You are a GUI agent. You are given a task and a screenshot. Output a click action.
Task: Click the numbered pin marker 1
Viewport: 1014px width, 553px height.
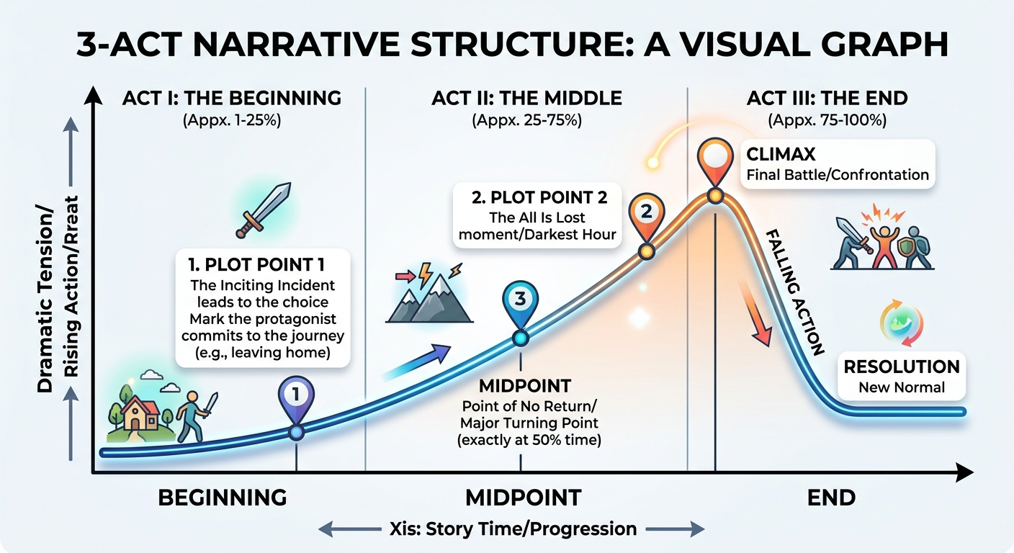pyautogui.click(x=296, y=394)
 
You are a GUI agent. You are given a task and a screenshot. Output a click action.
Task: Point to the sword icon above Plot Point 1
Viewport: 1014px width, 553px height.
pyautogui.click(x=263, y=210)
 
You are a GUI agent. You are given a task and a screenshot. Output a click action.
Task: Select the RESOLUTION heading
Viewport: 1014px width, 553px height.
pyautogui.click(x=901, y=367)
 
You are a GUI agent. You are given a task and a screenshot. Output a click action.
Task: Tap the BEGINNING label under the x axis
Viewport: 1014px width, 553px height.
pyautogui.click(x=222, y=498)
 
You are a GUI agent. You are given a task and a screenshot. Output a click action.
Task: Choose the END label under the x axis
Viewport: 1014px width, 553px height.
pyautogui.click(x=831, y=498)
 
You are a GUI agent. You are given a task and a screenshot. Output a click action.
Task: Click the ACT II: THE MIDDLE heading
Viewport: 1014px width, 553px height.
pyautogui.click(x=526, y=98)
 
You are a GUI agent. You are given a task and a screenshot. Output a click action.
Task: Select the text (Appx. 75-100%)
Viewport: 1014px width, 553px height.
pyautogui.click(x=827, y=120)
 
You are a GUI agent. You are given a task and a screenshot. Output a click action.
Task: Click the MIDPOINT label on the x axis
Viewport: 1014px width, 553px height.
pyautogui.click(x=522, y=498)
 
